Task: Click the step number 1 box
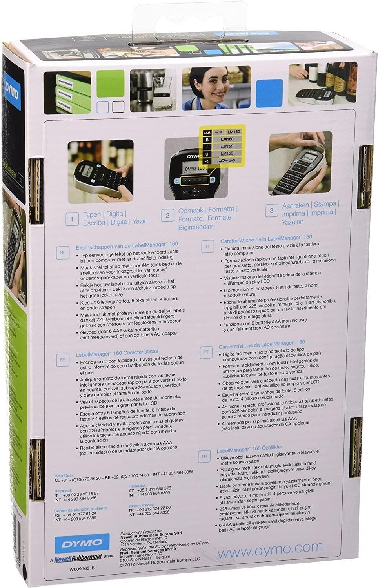72,219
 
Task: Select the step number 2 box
167,215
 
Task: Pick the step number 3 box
271,211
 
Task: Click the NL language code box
62,252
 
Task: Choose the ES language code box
62,359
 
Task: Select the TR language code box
204,456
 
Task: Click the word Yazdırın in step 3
293,222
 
